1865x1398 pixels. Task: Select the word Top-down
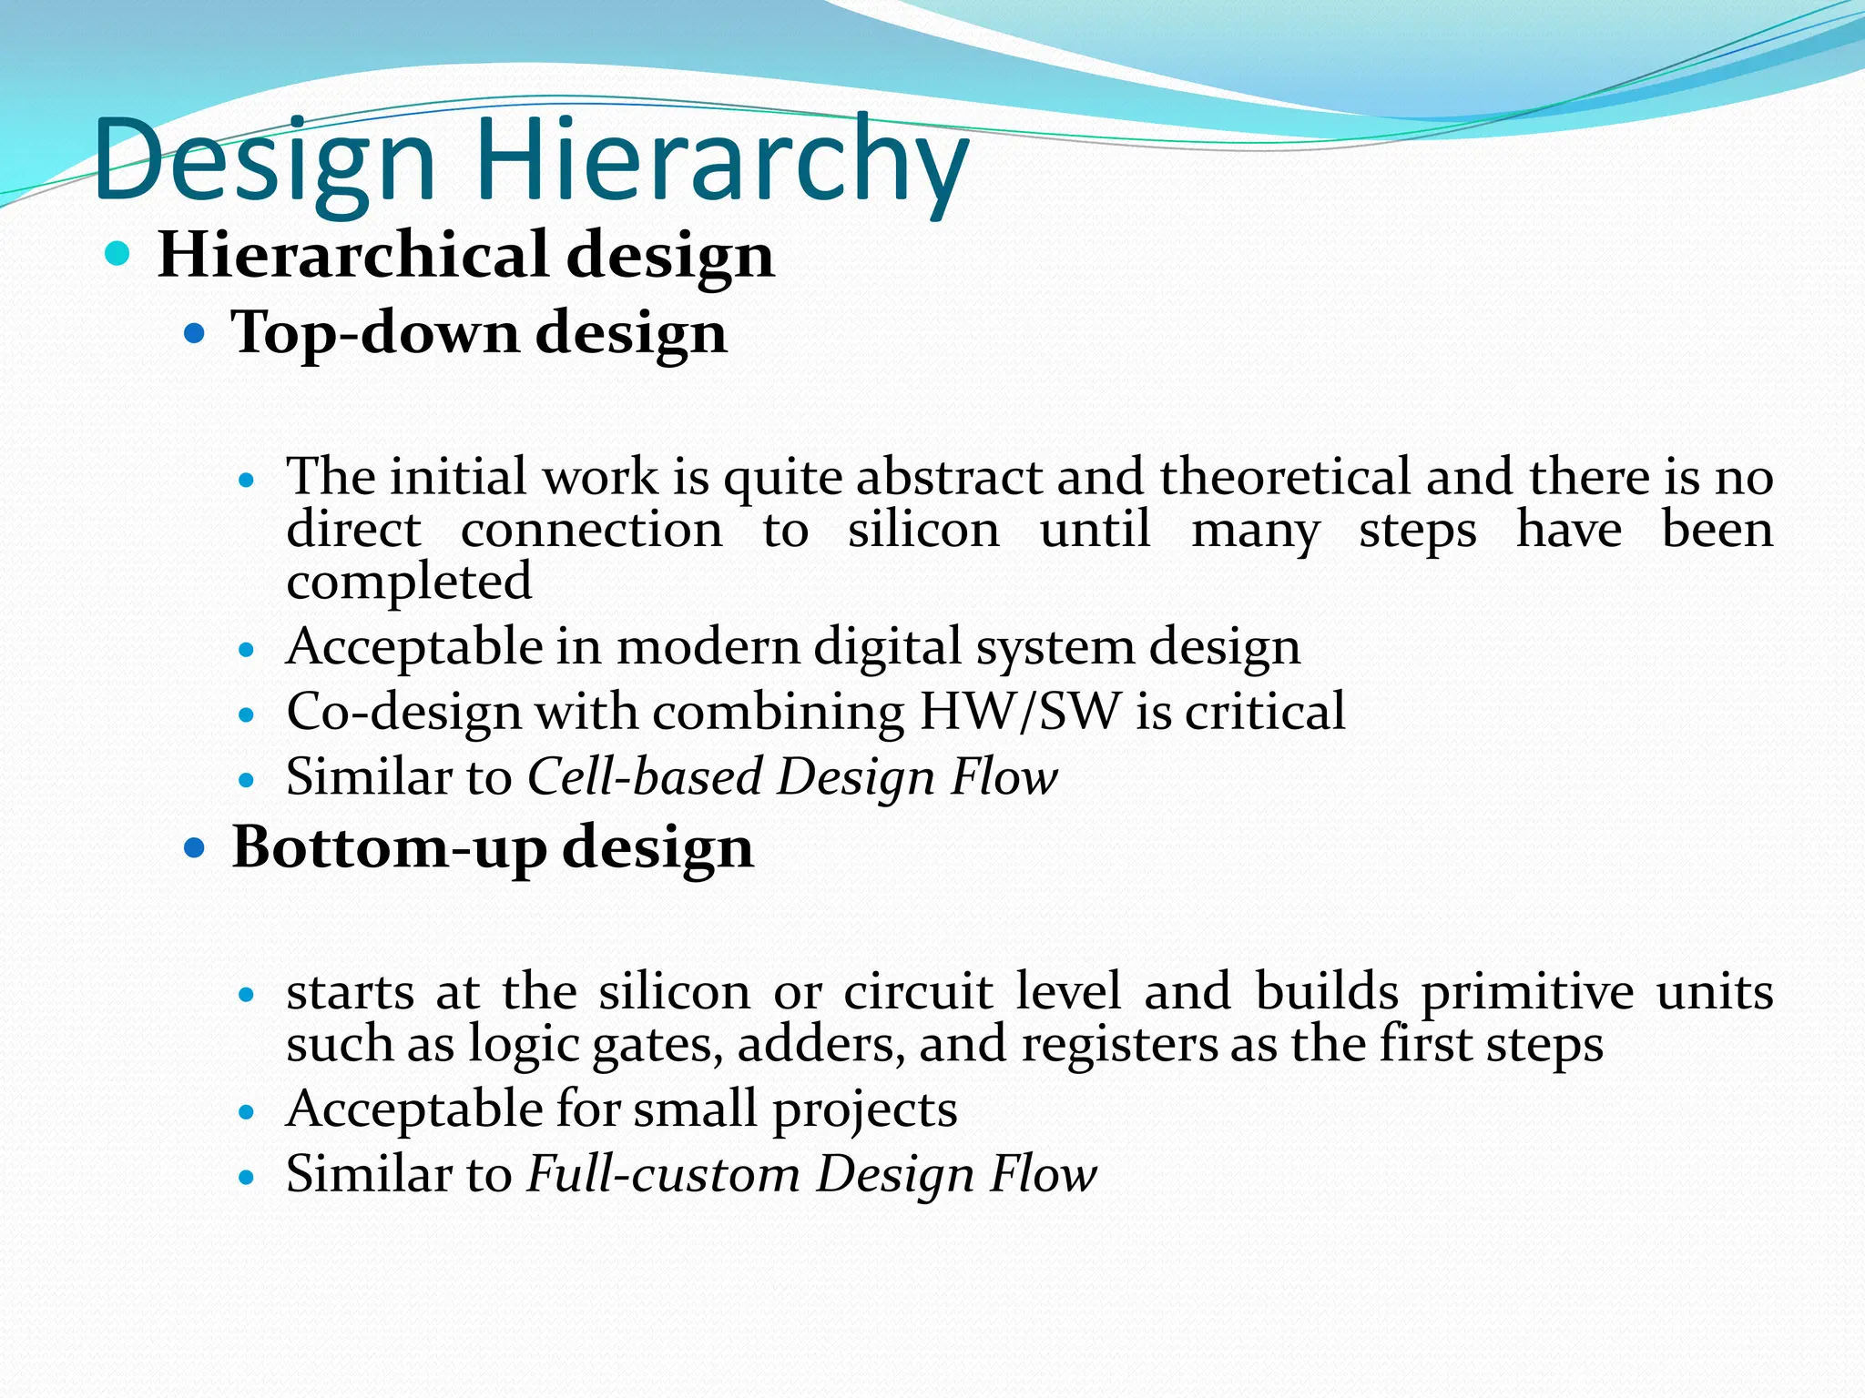pos(375,333)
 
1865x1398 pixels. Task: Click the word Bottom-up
pos(389,848)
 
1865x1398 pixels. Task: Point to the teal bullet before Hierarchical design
pos(117,253)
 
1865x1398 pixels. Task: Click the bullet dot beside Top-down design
pos(195,334)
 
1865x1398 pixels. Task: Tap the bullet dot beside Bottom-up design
pos(195,849)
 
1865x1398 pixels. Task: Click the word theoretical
pos(1285,477)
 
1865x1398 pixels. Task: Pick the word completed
pos(409,582)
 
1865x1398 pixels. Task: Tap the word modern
pos(707,648)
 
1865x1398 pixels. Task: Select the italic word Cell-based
pos(645,778)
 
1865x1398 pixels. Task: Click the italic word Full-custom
pos(664,1175)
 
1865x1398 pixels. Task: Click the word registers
pos(1119,1045)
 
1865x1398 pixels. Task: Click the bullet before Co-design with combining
pos(245,715)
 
